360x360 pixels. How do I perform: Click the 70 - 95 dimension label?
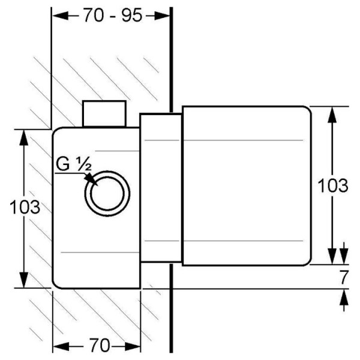[x=113, y=16]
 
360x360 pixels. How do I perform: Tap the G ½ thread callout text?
[x=74, y=164]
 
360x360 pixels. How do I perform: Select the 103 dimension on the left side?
[x=25, y=208]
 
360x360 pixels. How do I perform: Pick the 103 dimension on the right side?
[x=333, y=185]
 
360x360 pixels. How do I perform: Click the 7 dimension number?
[x=344, y=277]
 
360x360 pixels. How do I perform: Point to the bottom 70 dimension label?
[x=100, y=345]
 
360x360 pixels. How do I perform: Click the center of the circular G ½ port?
[x=107, y=193]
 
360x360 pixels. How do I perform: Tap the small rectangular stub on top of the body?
[x=104, y=113]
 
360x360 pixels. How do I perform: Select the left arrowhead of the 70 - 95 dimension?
[x=61, y=16]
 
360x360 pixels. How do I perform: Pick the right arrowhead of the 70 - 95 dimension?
[x=162, y=16]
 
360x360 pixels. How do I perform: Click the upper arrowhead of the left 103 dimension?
[x=23, y=138]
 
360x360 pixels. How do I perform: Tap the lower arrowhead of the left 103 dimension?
[x=23, y=280]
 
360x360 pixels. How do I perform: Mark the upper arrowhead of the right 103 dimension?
[x=332, y=115]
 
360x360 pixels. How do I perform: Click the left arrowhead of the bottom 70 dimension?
[x=61, y=346]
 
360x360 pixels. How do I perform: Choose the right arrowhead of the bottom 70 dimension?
[x=133, y=346]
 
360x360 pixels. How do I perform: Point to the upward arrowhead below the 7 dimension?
[x=344, y=297]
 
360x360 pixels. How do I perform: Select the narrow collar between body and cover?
[x=161, y=188]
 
